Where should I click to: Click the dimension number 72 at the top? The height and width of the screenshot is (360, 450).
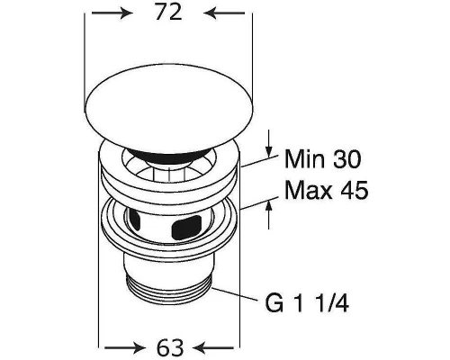tap(168, 13)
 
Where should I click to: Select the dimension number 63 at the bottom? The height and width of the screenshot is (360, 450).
tap(170, 347)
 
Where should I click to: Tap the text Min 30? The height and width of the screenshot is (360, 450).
tap(322, 159)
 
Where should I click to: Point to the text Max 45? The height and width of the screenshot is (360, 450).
tap(326, 190)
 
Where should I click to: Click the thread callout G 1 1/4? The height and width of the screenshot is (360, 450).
tap(307, 303)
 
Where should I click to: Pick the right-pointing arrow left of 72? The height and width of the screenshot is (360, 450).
tap(112, 13)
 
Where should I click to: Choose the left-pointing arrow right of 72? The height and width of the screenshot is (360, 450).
tap(224, 13)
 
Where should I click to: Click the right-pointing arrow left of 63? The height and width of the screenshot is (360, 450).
tap(124, 348)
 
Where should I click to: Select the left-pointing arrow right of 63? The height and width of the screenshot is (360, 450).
tap(214, 348)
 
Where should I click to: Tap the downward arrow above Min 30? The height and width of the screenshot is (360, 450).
tap(269, 143)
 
